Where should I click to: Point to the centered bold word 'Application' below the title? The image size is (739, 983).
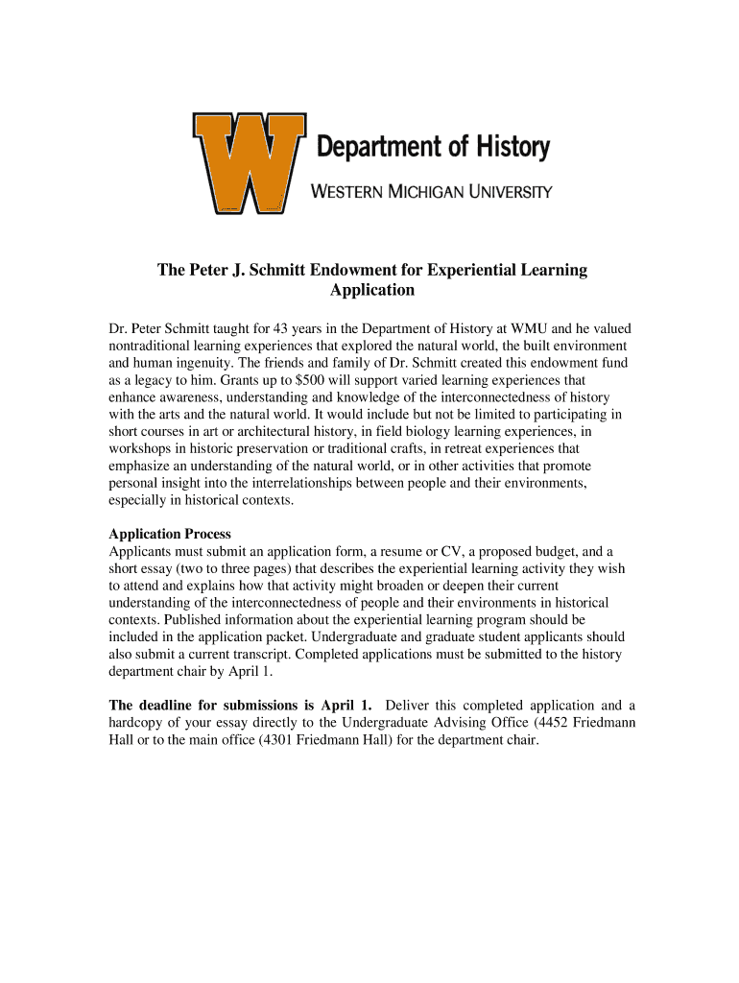point(372,290)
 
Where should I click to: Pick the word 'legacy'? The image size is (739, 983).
point(149,380)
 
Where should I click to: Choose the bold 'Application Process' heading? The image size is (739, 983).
point(170,534)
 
